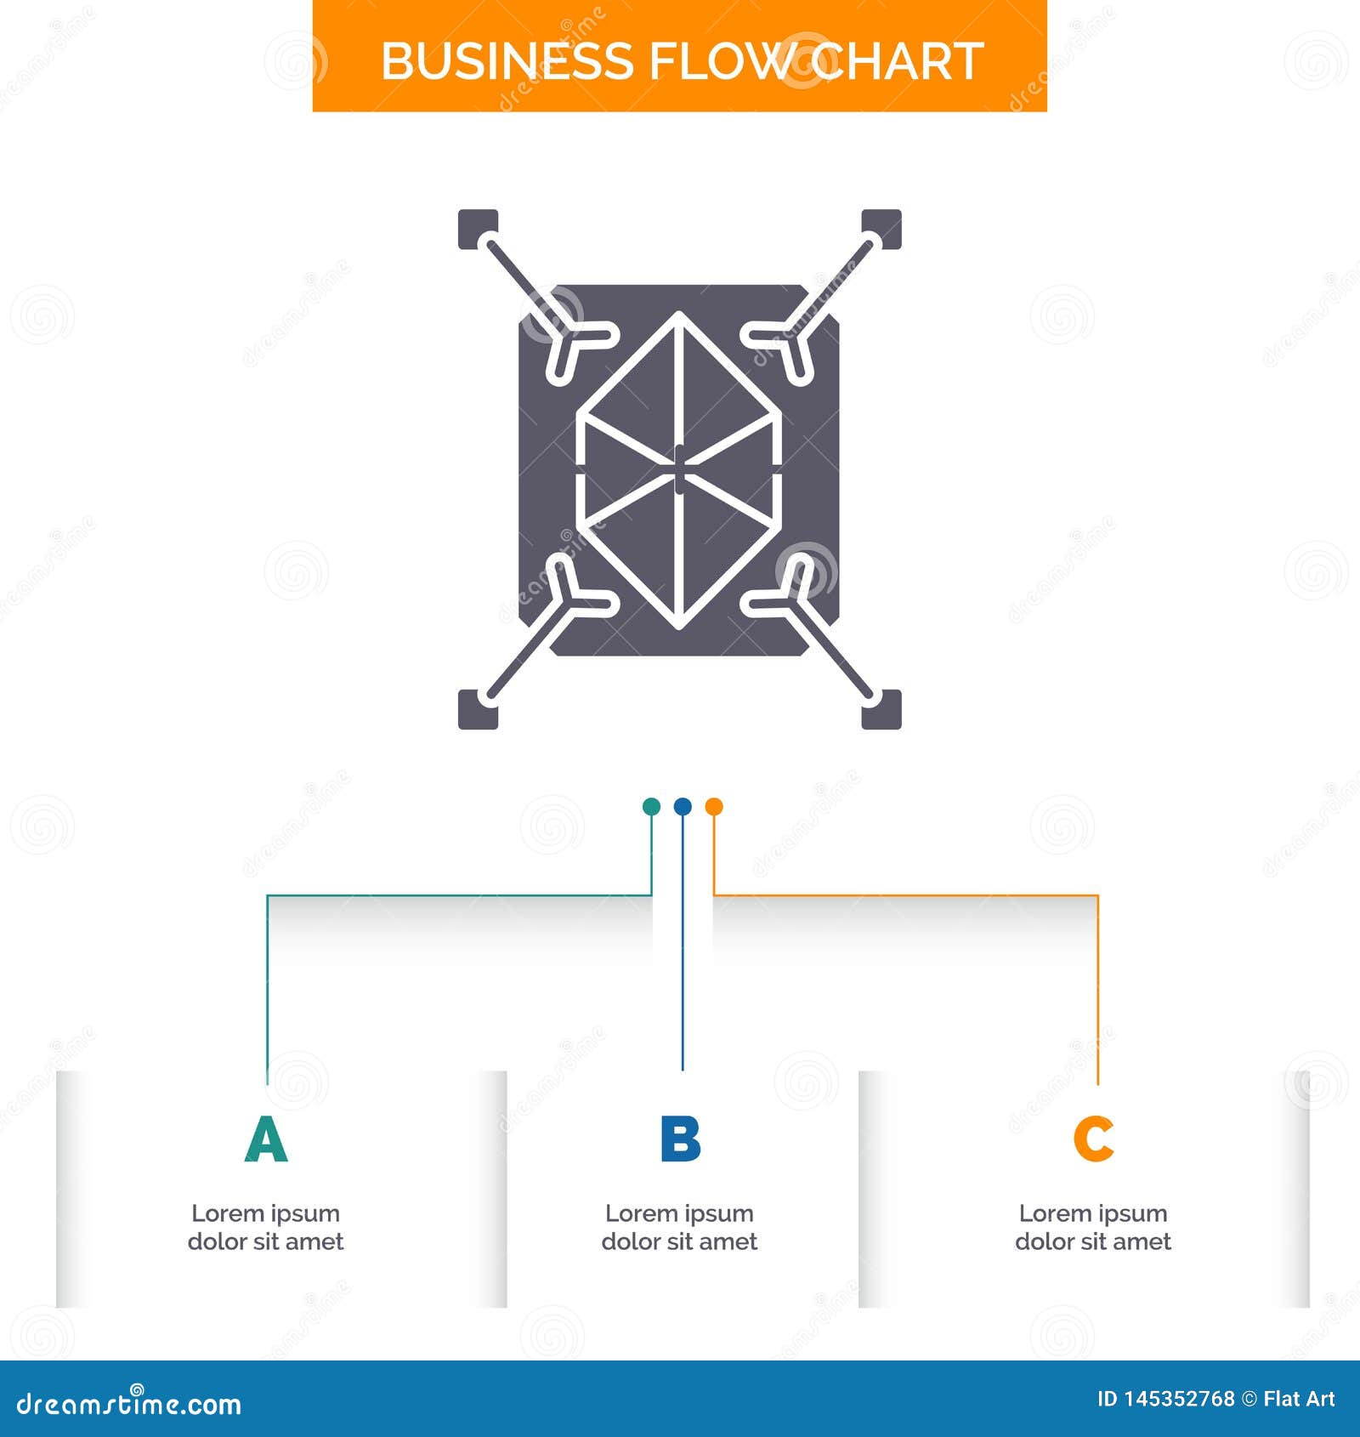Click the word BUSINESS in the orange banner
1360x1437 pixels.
click(507, 61)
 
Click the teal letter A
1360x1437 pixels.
click(266, 1139)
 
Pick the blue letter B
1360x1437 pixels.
click(680, 1139)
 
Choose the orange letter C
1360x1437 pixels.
click(1093, 1139)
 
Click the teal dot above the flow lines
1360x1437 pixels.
click(651, 807)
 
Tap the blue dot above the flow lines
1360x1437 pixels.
click(683, 807)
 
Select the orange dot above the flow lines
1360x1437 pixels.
click(714, 807)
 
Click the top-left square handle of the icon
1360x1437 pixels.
click(477, 229)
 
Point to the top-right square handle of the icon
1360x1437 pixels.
click(882, 229)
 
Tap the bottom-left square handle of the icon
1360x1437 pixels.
click(477, 709)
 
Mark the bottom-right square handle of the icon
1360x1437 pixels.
click(882, 709)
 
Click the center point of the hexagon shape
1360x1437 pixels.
click(679, 469)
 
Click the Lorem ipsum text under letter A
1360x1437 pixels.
click(266, 1227)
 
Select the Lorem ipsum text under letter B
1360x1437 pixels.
click(679, 1227)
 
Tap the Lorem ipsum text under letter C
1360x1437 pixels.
click(1093, 1227)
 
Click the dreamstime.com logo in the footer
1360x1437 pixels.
click(129, 1404)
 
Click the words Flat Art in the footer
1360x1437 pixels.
click(1298, 1399)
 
